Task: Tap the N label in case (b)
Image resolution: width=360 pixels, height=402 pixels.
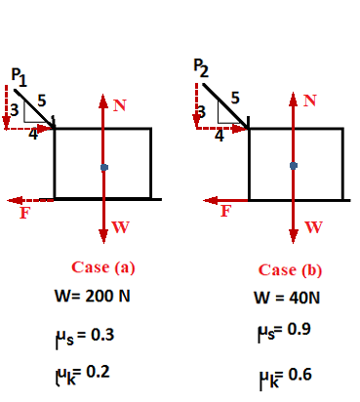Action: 311,100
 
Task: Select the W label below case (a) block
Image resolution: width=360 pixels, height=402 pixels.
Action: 120,228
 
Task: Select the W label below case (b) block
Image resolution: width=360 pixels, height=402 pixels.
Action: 313,228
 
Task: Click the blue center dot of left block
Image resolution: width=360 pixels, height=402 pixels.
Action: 103,167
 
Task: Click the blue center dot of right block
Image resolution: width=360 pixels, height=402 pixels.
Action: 293,164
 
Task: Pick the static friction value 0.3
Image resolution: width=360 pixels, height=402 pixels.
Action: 101,335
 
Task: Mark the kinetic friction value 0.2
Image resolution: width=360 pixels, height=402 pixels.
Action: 98,371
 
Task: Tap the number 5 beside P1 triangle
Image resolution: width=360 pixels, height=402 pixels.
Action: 40,100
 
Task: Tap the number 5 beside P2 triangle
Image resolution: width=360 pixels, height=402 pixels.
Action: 235,97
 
